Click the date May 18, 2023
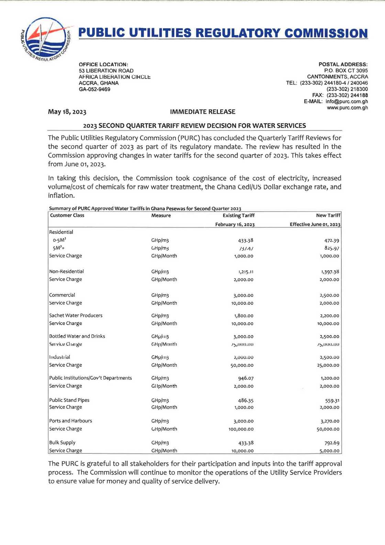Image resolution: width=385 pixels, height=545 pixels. click(x=67, y=112)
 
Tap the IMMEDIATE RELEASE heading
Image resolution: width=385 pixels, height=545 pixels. click(x=202, y=112)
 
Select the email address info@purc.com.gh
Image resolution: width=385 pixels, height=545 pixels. click(x=346, y=102)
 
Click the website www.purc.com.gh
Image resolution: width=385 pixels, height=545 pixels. click(x=347, y=108)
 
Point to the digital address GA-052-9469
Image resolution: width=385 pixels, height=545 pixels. click(x=95, y=90)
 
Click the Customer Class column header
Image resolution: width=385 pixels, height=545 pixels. click(x=67, y=216)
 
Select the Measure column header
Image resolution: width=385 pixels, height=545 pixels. click(x=161, y=216)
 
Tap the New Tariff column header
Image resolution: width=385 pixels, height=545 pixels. click(x=328, y=216)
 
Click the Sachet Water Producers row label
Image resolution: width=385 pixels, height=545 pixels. click(x=76, y=315)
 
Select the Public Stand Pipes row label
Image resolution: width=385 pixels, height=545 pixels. click(x=69, y=400)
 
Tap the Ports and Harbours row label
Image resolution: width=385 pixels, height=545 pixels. click(x=70, y=421)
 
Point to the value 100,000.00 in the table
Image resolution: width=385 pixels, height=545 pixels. click(x=241, y=429)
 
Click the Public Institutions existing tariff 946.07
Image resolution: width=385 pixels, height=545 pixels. click(x=246, y=378)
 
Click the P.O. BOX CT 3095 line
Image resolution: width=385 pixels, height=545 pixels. click(x=345, y=71)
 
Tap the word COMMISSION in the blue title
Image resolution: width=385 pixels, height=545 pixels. click(x=326, y=33)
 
